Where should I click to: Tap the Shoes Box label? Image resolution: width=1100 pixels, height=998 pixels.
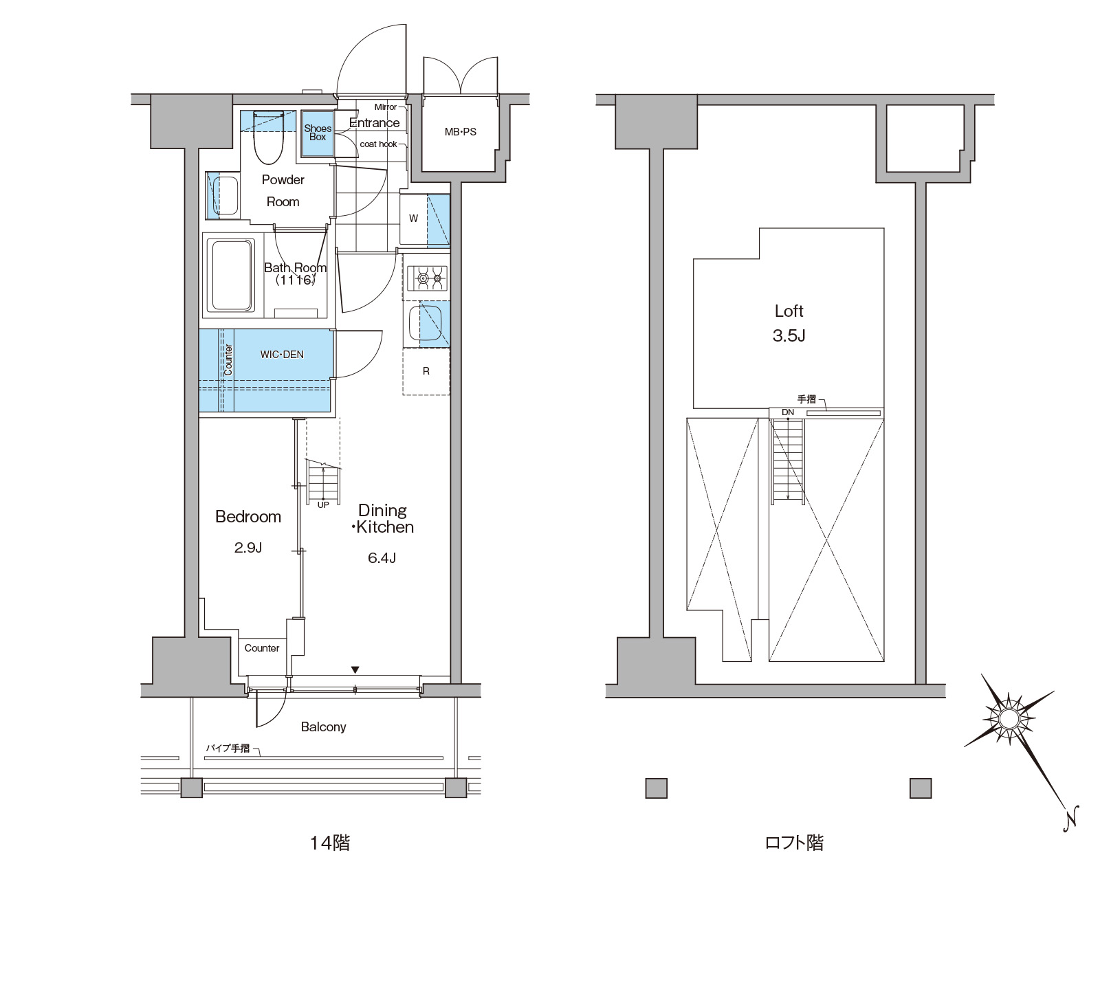(x=318, y=133)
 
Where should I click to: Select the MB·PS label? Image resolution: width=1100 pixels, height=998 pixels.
(x=460, y=132)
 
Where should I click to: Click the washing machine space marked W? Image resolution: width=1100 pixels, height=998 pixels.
(x=414, y=219)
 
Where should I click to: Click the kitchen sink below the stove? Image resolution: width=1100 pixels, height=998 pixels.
(x=426, y=322)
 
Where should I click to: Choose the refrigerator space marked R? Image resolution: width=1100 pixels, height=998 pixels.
(x=426, y=371)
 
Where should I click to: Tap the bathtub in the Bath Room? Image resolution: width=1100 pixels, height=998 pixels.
(x=232, y=275)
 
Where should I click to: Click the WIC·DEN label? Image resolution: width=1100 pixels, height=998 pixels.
(x=282, y=355)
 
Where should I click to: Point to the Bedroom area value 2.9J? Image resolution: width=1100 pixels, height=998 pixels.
(x=247, y=548)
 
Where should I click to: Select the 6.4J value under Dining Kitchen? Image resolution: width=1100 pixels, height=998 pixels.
(x=382, y=558)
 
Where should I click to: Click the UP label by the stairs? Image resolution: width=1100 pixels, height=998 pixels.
(x=323, y=504)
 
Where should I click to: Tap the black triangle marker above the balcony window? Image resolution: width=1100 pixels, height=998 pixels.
(x=355, y=669)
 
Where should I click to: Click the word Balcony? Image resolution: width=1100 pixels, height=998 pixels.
(x=323, y=727)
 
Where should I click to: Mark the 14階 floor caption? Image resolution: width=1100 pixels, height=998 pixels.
(x=330, y=843)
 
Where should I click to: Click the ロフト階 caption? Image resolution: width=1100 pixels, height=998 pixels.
(x=794, y=843)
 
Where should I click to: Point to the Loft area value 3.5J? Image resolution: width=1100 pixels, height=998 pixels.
(x=789, y=336)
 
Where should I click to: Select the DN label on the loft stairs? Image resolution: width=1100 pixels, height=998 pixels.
(x=788, y=412)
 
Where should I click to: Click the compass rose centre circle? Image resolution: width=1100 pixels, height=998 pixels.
(x=1009, y=719)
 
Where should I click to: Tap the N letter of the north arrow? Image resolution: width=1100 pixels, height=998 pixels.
(x=1069, y=819)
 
